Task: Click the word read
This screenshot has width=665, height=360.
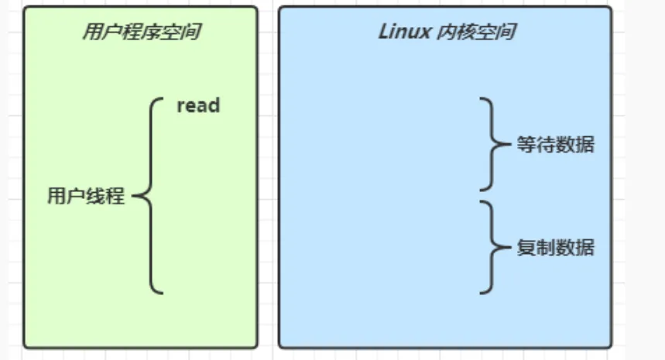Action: coord(198,105)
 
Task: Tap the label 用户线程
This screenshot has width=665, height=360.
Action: coord(85,196)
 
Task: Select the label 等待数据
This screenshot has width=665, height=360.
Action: coord(556,145)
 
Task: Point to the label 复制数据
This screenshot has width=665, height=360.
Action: coord(556,249)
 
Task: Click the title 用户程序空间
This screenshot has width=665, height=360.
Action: coord(136,33)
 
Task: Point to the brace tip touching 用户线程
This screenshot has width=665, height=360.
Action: coord(135,196)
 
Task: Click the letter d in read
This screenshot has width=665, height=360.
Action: coord(214,105)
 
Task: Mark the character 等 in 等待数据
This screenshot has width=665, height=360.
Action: coord(526,145)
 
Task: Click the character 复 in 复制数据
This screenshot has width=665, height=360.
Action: coord(526,249)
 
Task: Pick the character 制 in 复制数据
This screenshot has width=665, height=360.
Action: coord(546,249)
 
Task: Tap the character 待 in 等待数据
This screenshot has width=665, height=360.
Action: coord(546,145)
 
